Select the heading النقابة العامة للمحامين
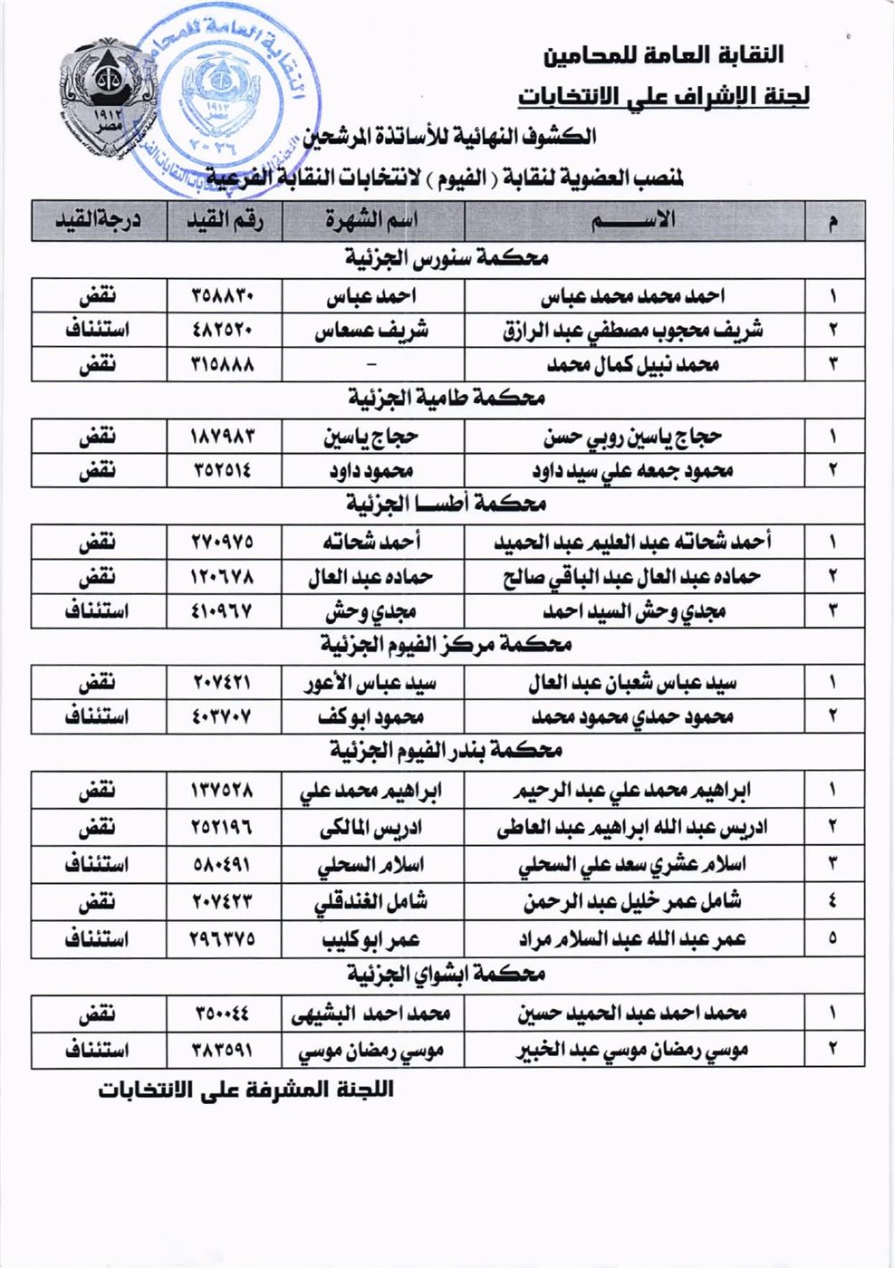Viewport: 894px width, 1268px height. click(x=663, y=55)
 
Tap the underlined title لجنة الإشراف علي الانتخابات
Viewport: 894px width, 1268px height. click(x=663, y=96)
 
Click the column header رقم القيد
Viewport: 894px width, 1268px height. click(x=224, y=221)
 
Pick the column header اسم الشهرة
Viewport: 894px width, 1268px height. click(x=372, y=221)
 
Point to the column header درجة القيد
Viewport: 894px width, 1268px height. click(x=99, y=221)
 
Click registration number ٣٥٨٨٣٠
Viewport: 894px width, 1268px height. click(x=224, y=296)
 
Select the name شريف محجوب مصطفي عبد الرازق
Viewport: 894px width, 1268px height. click(x=633, y=331)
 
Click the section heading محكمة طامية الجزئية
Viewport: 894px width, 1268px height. click(x=447, y=398)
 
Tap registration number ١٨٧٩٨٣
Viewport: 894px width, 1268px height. click(x=224, y=437)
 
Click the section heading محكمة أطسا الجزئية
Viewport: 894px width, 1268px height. click(x=447, y=504)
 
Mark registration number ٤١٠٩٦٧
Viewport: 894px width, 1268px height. click(x=224, y=611)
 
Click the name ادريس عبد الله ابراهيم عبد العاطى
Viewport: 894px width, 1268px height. click(x=633, y=827)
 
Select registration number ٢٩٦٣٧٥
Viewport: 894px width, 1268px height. click(x=224, y=939)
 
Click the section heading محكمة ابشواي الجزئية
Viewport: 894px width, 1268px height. click(x=447, y=975)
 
